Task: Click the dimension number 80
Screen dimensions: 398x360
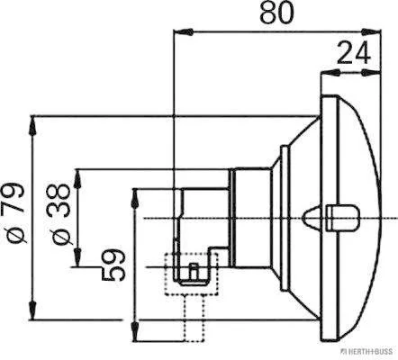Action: [276, 13]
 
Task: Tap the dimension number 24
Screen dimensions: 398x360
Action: [354, 53]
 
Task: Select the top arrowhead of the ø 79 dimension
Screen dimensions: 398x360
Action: [32, 125]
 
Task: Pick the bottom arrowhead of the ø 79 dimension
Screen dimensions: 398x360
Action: [32, 310]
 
